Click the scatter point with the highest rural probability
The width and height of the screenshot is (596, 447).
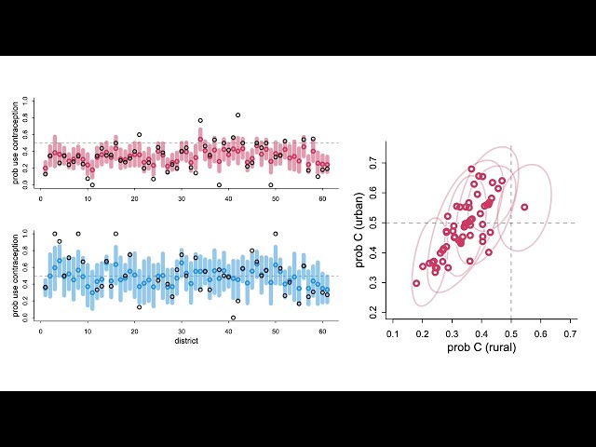tap(524, 207)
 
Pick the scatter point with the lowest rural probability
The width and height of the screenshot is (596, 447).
tap(416, 283)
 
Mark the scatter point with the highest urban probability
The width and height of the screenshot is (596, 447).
tap(471, 169)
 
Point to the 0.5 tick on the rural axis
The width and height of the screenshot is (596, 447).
tap(511, 332)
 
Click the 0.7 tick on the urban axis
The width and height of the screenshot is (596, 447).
tap(375, 162)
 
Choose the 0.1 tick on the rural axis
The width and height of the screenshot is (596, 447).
tap(393, 332)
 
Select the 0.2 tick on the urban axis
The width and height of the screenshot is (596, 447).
tap(375, 314)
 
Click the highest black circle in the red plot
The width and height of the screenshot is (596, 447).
tap(237, 115)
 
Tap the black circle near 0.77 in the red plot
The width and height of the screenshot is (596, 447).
tap(200, 120)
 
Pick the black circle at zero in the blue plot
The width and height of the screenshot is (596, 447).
tap(233, 318)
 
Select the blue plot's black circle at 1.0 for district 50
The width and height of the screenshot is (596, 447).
tap(275, 234)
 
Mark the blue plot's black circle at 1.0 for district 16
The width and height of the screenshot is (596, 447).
tap(115, 234)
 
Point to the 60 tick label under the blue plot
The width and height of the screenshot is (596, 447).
tap(322, 332)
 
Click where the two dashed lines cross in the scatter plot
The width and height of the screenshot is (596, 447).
tap(511, 223)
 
